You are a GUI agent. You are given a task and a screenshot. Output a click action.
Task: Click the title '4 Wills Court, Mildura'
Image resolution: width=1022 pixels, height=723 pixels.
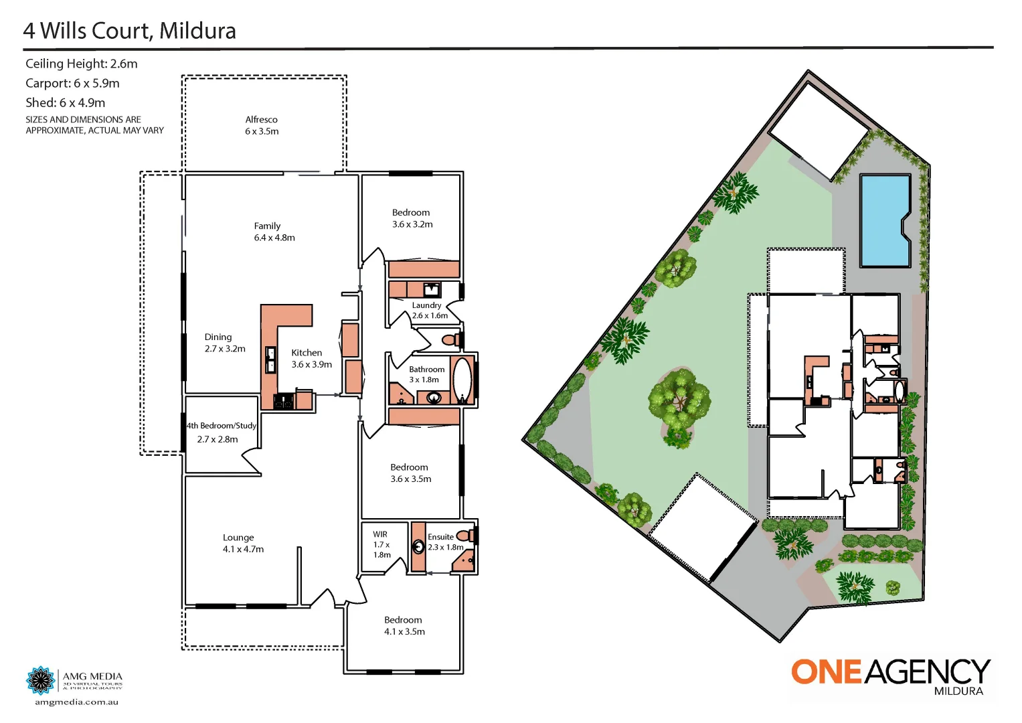[129, 31]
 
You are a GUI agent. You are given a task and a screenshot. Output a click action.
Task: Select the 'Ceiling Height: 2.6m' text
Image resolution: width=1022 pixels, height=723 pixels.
[81, 64]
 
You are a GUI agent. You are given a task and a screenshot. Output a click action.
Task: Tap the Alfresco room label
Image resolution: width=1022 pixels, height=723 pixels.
[261, 120]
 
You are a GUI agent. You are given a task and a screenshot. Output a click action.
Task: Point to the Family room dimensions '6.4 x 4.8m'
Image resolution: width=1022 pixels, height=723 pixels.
[274, 238]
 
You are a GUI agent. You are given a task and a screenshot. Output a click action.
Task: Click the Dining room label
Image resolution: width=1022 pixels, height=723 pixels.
[218, 337]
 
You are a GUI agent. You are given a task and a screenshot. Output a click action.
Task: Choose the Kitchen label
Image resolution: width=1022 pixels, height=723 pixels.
[307, 353]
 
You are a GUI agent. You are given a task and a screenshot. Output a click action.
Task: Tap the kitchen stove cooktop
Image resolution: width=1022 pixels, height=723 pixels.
[283, 401]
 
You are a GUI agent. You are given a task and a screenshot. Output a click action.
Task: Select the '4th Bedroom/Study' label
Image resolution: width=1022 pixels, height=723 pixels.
[221, 426]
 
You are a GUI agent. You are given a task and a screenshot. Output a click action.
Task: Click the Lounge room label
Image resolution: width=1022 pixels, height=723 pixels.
[238, 538]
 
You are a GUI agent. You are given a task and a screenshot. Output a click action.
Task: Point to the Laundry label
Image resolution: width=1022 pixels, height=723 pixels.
[426, 305]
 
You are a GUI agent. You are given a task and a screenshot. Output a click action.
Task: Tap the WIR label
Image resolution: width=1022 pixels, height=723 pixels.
[380, 534]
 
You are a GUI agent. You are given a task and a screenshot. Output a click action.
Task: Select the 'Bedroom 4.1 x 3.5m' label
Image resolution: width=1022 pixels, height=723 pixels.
[404, 626]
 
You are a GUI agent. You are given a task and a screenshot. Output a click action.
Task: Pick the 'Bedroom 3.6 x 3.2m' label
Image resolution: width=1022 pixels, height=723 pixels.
[412, 218]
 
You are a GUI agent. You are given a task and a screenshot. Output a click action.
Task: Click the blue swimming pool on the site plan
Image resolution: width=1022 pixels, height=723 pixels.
[883, 220]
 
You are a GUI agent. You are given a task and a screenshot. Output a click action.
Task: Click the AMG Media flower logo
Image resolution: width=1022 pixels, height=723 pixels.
[40, 681]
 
